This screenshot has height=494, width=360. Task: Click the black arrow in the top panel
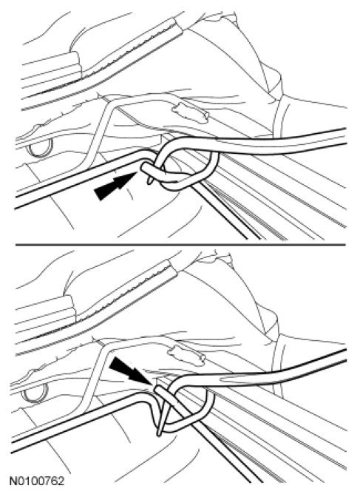115,186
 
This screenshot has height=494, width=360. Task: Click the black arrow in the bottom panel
129,370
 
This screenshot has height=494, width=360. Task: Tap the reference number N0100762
36,481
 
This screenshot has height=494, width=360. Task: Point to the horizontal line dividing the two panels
180,245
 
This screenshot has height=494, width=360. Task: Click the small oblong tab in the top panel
190,113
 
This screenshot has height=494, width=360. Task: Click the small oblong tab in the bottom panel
186,356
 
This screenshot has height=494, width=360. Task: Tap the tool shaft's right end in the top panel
345,136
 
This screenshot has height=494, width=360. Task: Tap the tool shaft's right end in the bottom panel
345,355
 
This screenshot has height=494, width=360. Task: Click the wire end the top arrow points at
143,166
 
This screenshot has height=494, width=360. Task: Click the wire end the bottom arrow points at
157,389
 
